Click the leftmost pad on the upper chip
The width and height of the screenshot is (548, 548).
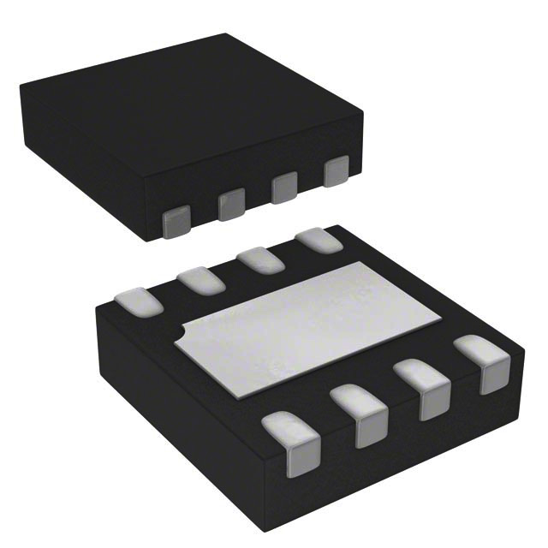176,222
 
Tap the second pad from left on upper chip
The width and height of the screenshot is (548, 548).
230,205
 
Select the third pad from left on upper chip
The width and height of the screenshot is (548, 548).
284,188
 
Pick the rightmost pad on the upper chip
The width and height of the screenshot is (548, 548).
337,170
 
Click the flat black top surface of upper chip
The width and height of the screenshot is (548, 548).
188,111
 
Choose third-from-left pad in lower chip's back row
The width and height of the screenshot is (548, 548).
260,259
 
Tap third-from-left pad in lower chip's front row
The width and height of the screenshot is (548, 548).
425,390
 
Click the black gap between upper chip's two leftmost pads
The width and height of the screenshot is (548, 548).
204,214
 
